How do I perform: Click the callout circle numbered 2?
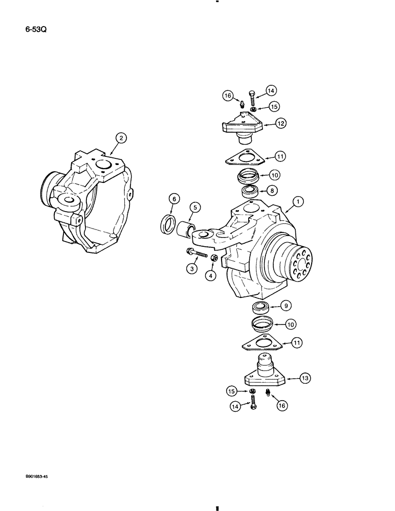point(120,138)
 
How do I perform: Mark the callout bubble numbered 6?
point(173,200)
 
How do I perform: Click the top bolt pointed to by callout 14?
point(253,98)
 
